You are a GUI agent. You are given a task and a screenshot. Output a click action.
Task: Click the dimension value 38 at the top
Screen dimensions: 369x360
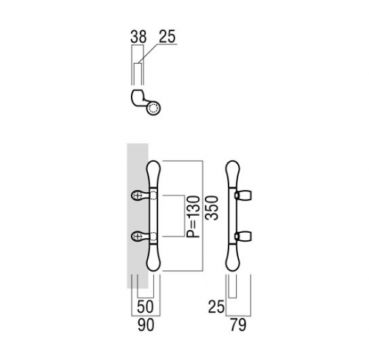pos(138,37)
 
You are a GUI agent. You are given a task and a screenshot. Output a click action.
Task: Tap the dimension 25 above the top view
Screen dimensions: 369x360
pos(167,37)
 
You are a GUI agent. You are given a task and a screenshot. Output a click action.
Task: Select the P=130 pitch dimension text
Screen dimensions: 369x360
pos(193,217)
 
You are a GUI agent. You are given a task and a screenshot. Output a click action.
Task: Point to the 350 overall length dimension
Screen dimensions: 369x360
pos(212,208)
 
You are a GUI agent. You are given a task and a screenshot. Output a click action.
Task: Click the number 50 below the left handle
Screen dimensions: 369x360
pos(145,307)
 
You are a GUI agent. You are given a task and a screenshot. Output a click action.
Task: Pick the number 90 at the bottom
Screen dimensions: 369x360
pos(146,325)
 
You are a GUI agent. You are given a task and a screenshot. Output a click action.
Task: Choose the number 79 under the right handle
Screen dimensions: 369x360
pos(238,325)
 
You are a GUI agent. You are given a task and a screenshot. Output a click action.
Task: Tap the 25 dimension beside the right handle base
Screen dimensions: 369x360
pos(217,307)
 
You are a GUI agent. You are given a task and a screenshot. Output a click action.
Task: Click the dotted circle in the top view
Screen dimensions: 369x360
pos(153,109)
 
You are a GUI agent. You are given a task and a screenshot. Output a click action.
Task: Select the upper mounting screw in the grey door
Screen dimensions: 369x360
pos(136,196)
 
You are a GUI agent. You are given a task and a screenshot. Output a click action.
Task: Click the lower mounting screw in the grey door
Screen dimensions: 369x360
pos(136,237)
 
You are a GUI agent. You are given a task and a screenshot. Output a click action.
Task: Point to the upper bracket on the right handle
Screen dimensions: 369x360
pos(243,195)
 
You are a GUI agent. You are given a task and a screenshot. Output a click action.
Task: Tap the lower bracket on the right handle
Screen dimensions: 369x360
pos(243,236)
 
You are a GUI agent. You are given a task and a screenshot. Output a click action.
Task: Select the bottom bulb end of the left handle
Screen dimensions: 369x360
pos(154,257)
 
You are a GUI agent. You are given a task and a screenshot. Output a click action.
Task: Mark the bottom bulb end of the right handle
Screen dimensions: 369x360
pos(233,257)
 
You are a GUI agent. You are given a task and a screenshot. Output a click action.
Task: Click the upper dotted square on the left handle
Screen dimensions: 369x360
pos(153,196)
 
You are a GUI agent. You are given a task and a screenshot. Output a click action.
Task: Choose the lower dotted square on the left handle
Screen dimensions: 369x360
pos(153,237)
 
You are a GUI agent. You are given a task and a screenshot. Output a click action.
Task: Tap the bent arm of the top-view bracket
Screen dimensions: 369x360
pos(138,99)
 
